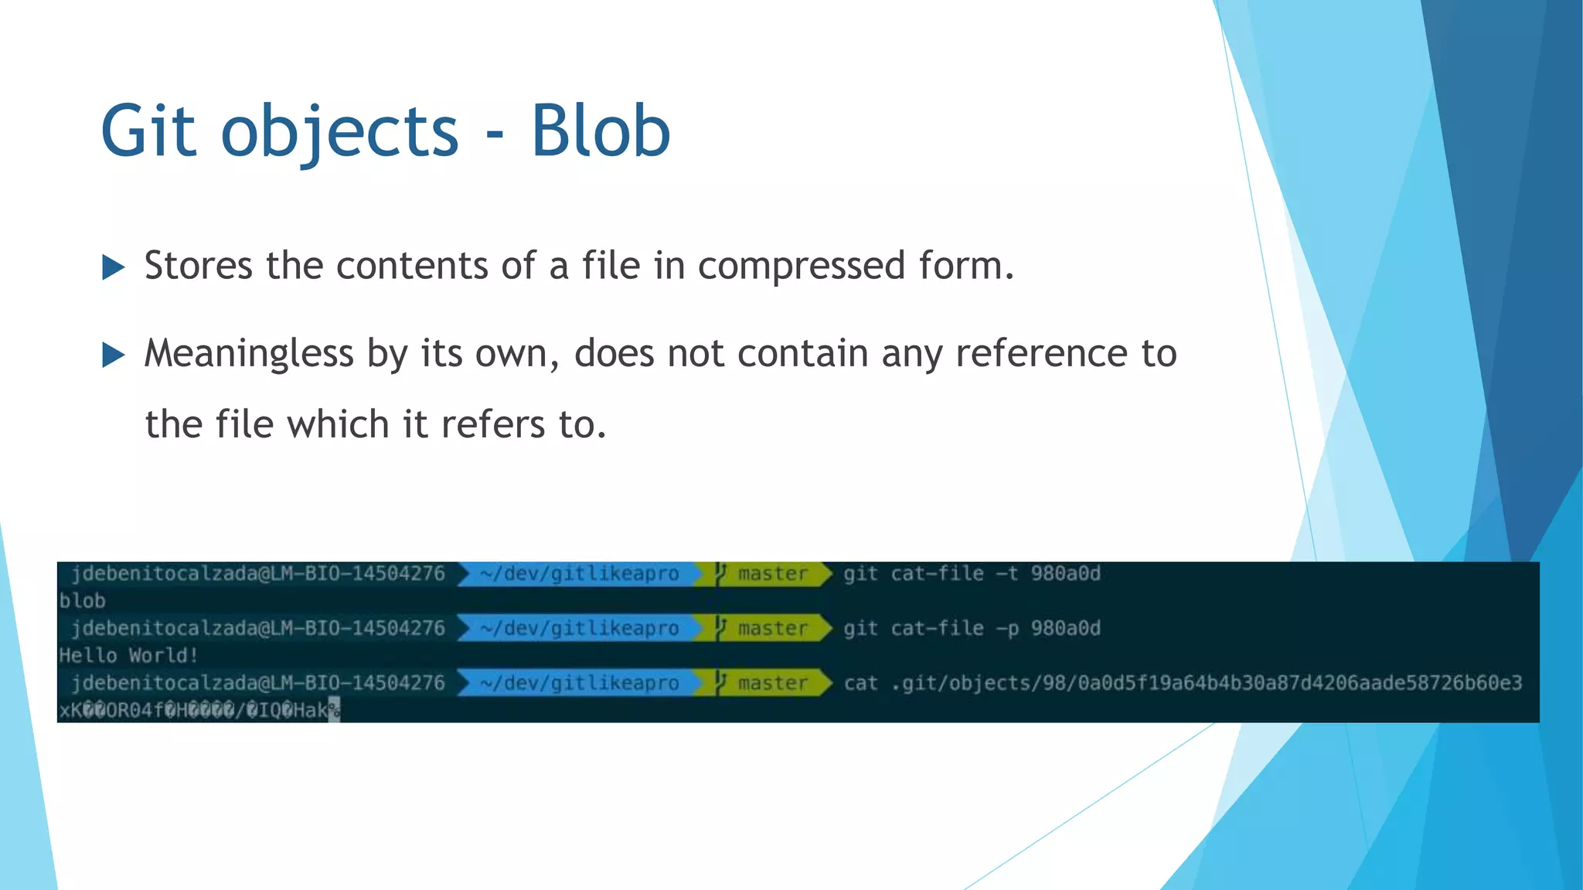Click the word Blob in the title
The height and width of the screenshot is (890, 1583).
(x=600, y=131)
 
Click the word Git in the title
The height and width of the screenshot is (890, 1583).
(x=148, y=131)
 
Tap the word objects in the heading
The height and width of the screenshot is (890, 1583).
(x=340, y=131)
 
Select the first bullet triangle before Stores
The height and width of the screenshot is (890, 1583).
(x=113, y=268)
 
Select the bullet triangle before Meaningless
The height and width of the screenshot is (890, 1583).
(x=113, y=355)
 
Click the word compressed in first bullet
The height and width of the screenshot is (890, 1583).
(x=801, y=267)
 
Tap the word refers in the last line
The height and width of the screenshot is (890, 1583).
(x=492, y=425)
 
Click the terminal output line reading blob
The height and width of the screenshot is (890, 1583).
(x=82, y=601)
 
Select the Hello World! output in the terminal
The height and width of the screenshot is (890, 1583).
(x=128, y=656)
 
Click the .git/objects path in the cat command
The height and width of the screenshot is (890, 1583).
(x=1206, y=684)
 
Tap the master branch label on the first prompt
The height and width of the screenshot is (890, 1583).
(x=771, y=574)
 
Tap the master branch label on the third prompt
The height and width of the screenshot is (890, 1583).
(x=771, y=684)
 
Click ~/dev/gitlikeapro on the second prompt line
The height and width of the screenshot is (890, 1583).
(x=579, y=629)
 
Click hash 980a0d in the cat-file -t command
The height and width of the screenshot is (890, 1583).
(x=1065, y=574)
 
